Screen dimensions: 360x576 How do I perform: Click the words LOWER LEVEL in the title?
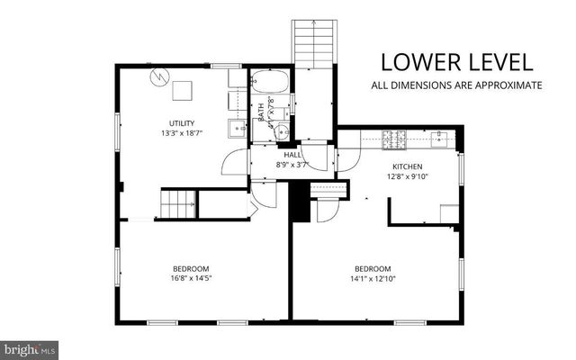[x=456, y=62]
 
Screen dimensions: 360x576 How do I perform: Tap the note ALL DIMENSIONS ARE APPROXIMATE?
[x=456, y=85]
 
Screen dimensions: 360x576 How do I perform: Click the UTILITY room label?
[x=181, y=123]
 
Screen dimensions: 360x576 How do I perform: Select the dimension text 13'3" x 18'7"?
[x=181, y=133]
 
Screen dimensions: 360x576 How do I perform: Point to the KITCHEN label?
[x=406, y=167]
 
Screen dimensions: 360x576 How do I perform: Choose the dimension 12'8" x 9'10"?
[x=406, y=177]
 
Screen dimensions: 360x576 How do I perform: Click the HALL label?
[x=292, y=155]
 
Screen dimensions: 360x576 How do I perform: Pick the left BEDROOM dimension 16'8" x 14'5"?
[x=191, y=278]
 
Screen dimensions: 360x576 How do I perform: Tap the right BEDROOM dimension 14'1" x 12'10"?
[x=373, y=278]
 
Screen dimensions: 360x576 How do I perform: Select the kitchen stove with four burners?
[x=394, y=139]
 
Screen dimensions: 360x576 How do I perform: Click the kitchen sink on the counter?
[x=441, y=139]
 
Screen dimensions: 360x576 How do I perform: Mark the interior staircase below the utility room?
[x=178, y=204]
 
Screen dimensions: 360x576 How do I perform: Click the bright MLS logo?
[x=30, y=347]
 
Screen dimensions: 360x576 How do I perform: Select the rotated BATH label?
[x=262, y=113]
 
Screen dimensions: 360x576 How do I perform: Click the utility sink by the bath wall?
[x=238, y=129]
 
